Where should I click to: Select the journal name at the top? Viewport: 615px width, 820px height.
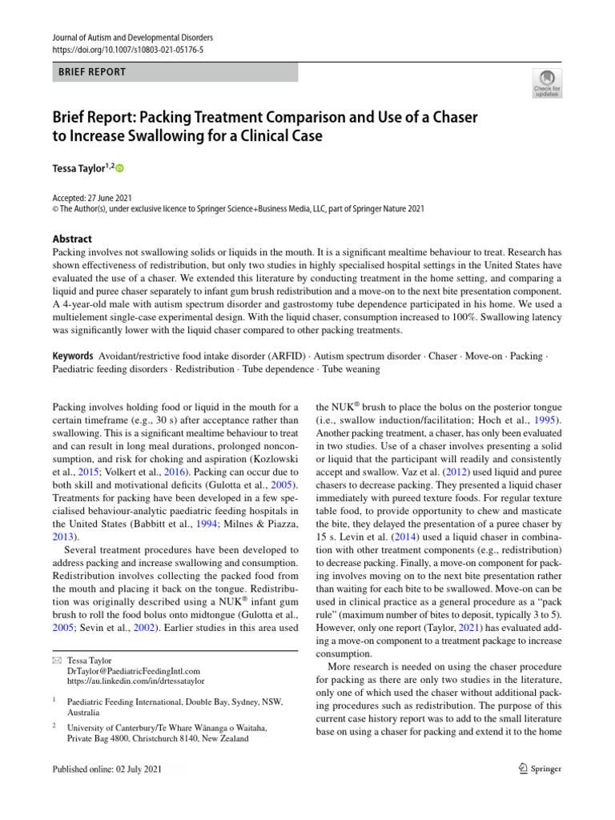point(133,37)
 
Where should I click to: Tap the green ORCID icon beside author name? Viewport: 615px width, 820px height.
point(121,168)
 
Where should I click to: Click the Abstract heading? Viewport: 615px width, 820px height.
point(71,239)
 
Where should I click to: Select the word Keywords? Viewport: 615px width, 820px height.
point(72,355)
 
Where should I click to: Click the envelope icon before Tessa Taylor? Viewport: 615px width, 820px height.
point(55,661)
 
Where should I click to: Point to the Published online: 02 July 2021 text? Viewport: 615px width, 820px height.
point(107,769)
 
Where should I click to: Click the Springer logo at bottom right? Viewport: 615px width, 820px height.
point(539,769)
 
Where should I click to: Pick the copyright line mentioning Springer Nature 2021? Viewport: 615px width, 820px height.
point(238,209)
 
